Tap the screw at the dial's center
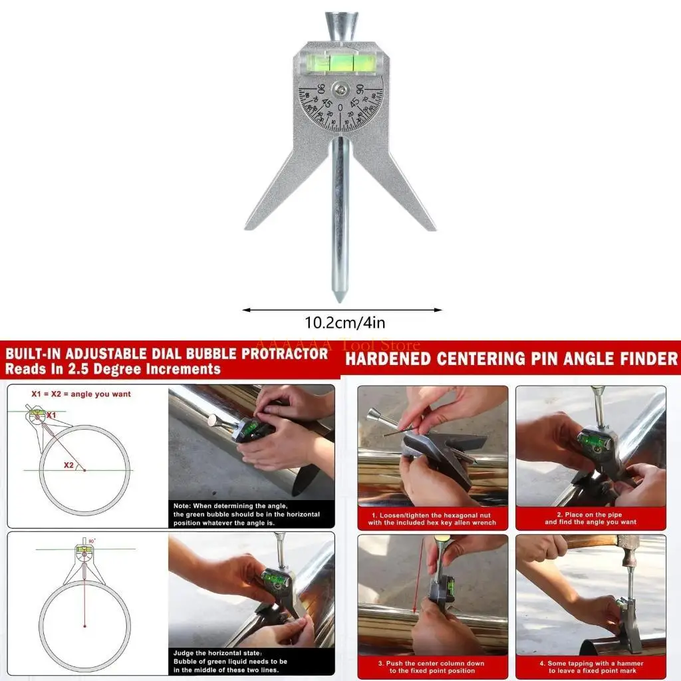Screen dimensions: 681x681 [340, 88]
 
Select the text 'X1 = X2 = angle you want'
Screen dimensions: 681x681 [81, 394]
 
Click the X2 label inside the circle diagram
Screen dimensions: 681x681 [69, 466]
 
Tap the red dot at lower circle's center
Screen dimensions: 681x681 [84, 625]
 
